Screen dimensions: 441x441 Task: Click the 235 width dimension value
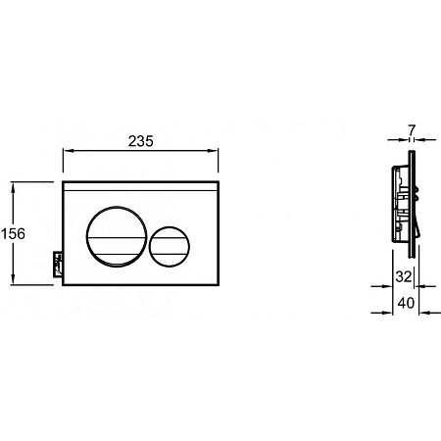click(x=140, y=141)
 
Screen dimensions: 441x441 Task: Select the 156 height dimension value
click(x=13, y=234)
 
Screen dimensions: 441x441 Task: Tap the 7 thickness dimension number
click(x=412, y=130)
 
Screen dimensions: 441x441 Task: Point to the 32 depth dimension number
click(x=404, y=276)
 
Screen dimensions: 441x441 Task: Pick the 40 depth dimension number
click(x=406, y=303)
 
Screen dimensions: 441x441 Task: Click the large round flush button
click(x=117, y=236)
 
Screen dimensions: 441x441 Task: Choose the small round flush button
click(x=170, y=246)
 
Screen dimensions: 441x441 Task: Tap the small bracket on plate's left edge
click(x=58, y=265)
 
